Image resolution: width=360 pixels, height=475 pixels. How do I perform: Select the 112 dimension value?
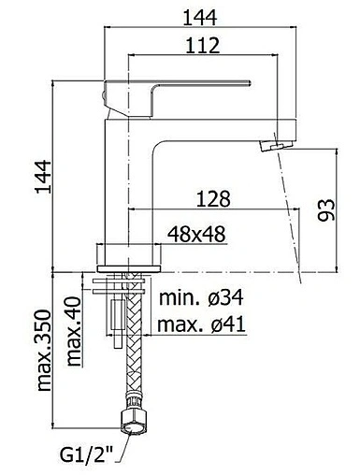pyautogui.click(x=202, y=46)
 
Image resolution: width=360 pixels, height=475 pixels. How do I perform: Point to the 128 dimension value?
pyautogui.click(x=214, y=198)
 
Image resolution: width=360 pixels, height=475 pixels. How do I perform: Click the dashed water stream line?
pyautogui.click(x=290, y=215)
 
